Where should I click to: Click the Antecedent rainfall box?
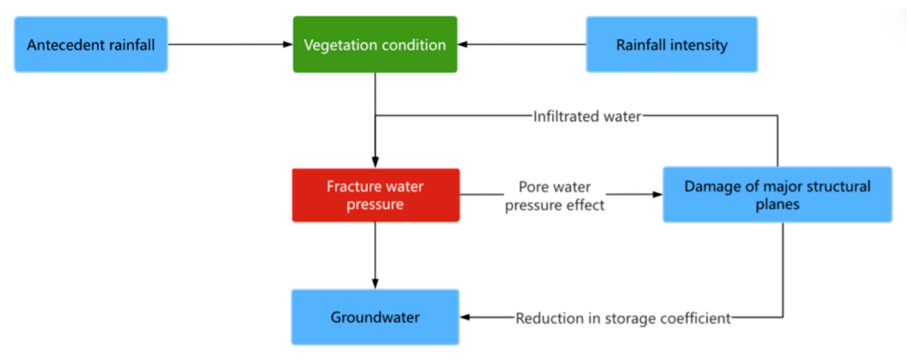coord(91,44)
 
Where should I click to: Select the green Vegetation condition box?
coord(375,44)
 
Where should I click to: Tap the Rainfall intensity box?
coord(671,44)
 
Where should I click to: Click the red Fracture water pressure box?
coord(375,195)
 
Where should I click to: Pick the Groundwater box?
coord(375,317)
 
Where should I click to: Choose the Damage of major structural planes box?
coord(777,195)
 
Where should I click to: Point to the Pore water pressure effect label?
coord(554,196)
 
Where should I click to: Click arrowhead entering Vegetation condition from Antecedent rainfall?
coord(288,44)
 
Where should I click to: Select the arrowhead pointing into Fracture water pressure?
coord(375,162)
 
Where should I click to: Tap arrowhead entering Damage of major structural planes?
coord(657,194)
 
